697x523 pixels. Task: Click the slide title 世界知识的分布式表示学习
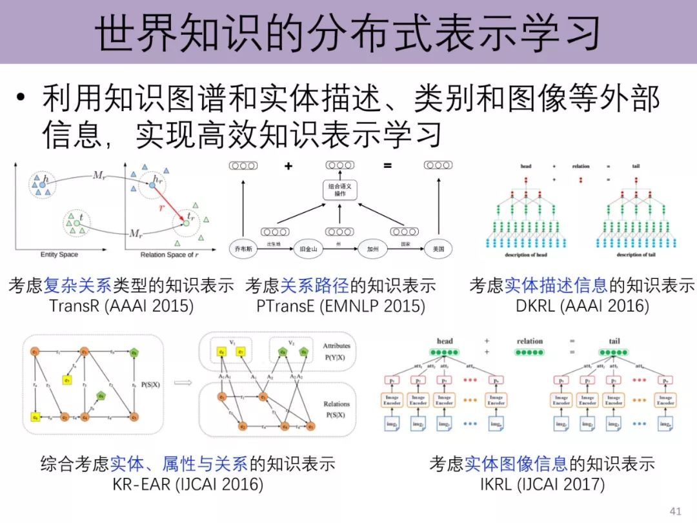[x=348, y=32]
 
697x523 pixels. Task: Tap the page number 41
[x=676, y=511]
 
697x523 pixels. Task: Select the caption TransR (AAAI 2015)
[x=121, y=305]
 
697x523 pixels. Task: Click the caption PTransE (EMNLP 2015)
[x=341, y=305]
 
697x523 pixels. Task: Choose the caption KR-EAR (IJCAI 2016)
[x=188, y=484]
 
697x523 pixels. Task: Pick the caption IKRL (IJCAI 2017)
[x=542, y=484]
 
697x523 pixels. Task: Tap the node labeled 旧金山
[x=307, y=248]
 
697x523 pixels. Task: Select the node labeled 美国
[x=438, y=248]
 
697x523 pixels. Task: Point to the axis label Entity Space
[x=59, y=255]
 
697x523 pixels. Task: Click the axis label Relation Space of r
[x=167, y=255]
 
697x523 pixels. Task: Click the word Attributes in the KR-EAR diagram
[x=336, y=346]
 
